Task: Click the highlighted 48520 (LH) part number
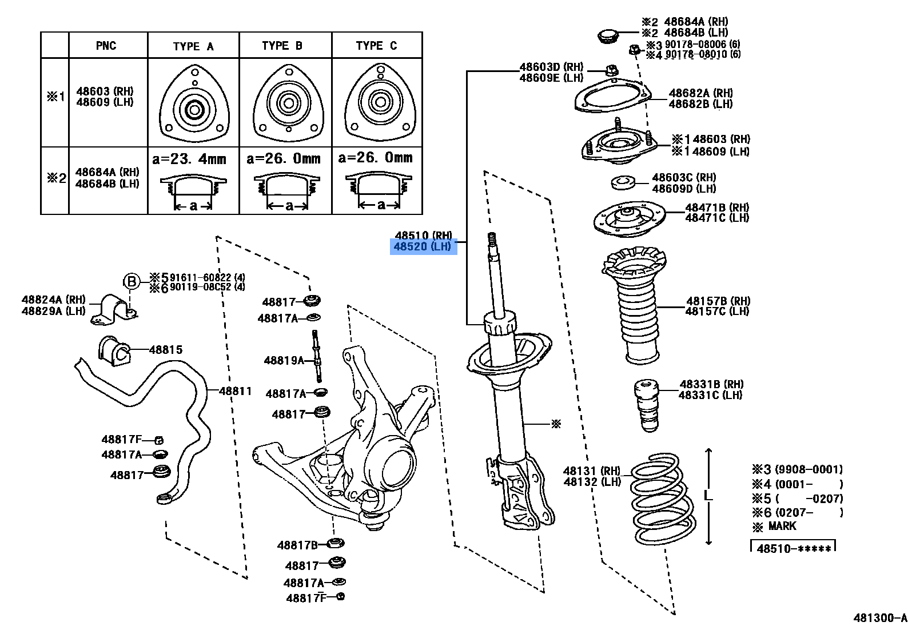[x=423, y=247]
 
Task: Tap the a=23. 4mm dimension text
[x=189, y=158]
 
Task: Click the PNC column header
[x=106, y=46]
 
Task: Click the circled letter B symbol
[x=132, y=281]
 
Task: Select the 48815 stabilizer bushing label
[x=166, y=349]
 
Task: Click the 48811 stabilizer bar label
[x=235, y=391]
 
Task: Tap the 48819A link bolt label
[x=284, y=360]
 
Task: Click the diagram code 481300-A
[x=880, y=618]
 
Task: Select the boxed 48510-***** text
[x=793, y=549]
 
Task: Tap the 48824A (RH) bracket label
[x=53, y=300]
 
